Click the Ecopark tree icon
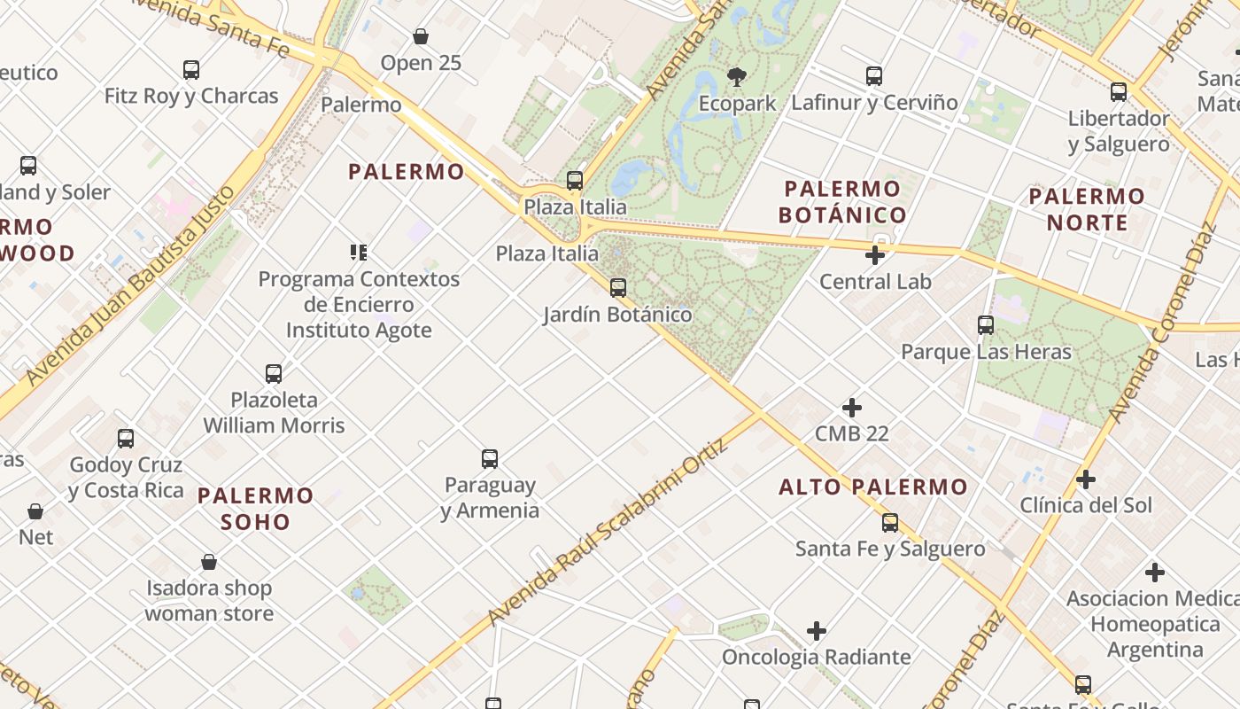click(736, 77)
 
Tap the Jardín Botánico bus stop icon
click(618, 287)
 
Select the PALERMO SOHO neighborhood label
click(256, 508)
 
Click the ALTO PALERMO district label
click(873, 487)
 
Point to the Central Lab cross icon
click(875, 256)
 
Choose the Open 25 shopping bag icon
click(421, 36)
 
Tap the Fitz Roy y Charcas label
click(191, 96)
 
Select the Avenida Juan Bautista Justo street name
click(132, 285)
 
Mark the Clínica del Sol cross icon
click(1086, 479)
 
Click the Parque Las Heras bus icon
click(986, 325)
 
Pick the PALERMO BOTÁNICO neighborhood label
click(842, 201)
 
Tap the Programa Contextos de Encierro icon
click(359, 253)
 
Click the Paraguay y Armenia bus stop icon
click(490, 459)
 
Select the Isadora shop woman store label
click(209, 600)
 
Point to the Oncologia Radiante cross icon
click(817, 631)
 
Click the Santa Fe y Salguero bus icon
click(890, 523)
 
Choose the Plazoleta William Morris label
click(274, 412)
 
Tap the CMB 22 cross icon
click(852, 408)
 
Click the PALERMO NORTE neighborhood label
click(1087, 208)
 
